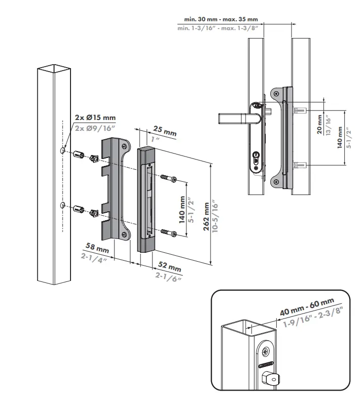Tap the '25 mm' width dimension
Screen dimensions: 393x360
(164, 132)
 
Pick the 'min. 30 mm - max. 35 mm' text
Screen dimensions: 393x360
(221, 19)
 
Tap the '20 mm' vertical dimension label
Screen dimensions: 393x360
(320, 123)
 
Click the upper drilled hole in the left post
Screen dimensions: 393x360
(62, 150)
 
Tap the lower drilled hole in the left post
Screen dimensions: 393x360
(62, 205)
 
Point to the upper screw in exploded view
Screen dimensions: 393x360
(168, 178)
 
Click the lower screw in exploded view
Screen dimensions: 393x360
(168, 233)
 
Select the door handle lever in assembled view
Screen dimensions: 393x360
(237, 119)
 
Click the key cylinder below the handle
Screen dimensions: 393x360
(256, 159)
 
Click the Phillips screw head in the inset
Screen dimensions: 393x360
(266, 353)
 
